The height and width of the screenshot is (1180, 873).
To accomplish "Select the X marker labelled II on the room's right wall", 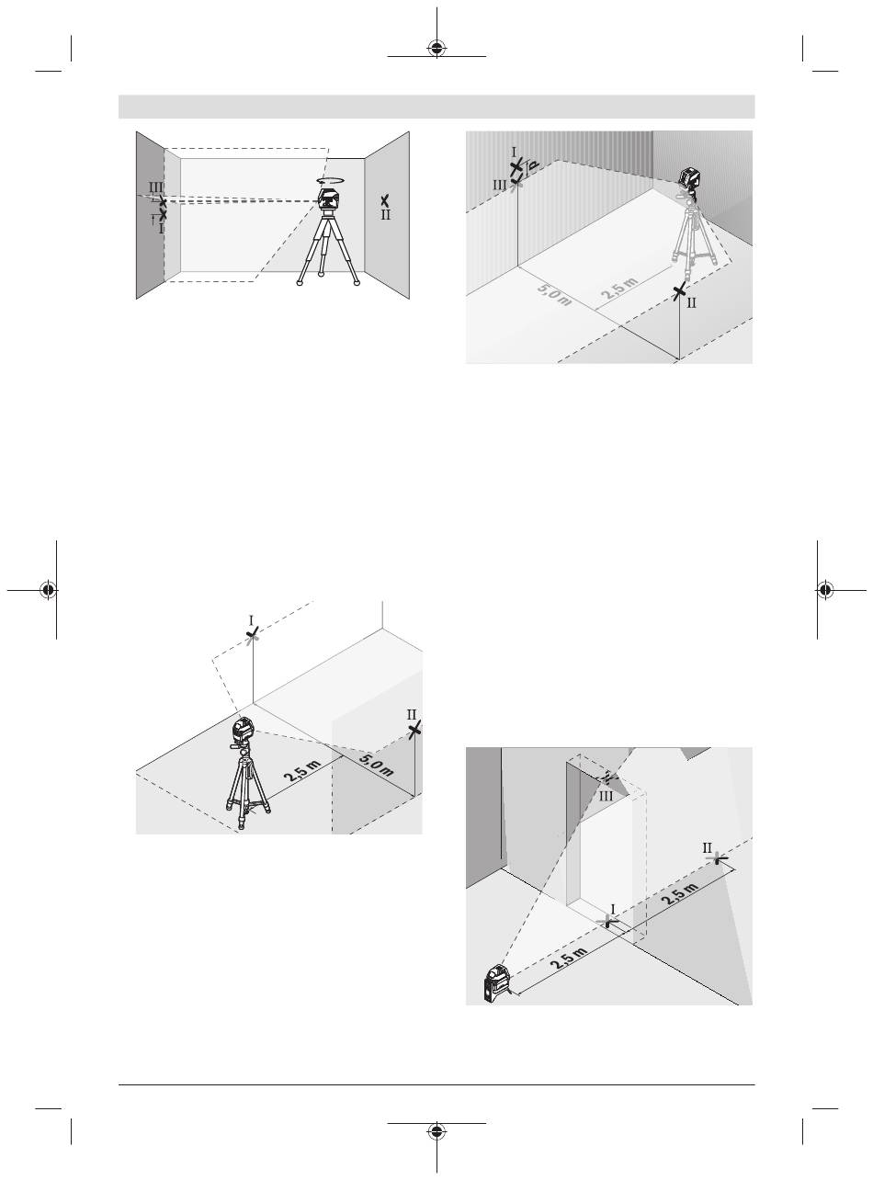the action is (385, 200).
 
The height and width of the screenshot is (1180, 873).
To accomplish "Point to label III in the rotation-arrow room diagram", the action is (155, 187).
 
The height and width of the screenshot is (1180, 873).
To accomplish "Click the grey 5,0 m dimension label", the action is (554, 294).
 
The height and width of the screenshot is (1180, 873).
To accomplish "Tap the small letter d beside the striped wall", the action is (531, 166).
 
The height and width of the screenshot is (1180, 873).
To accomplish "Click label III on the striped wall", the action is (500, 185).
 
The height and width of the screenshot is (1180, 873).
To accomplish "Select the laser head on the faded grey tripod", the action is (690, 177).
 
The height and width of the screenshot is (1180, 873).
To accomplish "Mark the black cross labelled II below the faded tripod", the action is (679, 291).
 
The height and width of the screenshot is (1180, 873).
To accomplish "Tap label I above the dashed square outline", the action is (251, 620).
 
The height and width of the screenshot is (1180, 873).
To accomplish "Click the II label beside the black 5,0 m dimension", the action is (412, 714).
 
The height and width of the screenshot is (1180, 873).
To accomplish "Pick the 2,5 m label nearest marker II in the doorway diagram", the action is (679, 893).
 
